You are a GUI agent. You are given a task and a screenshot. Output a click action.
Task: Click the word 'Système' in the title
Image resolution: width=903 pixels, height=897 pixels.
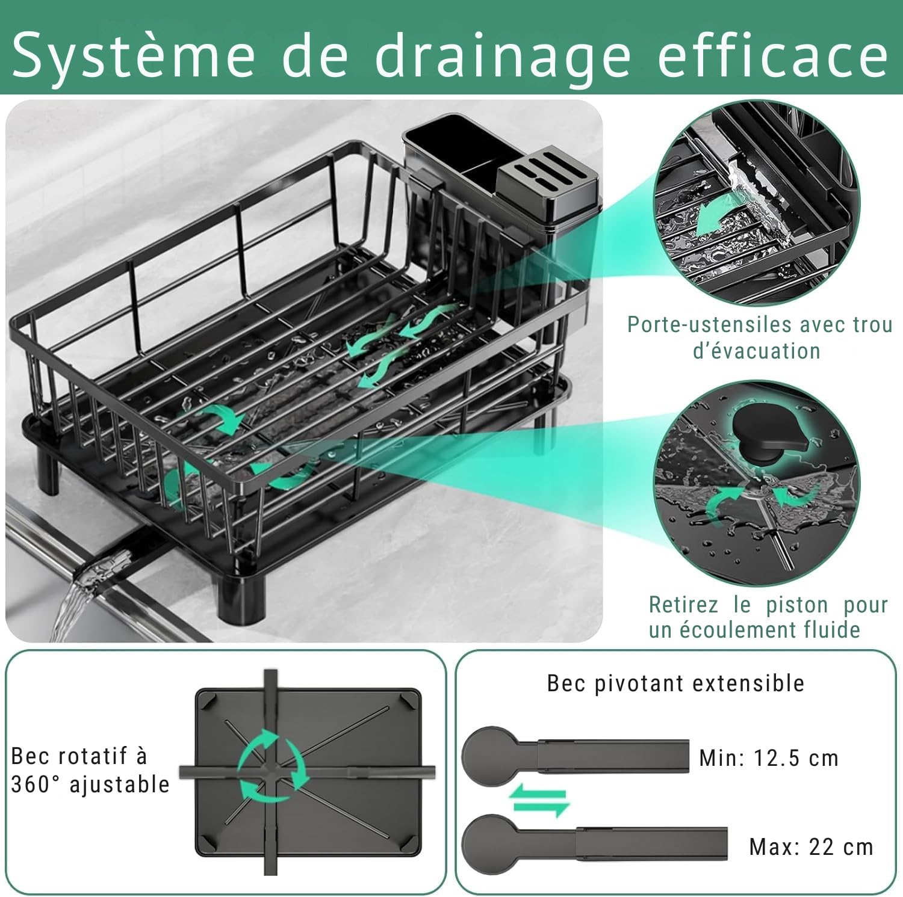pos(134,55)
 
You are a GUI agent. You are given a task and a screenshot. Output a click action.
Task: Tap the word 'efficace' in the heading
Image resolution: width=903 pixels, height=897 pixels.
pos(772,55)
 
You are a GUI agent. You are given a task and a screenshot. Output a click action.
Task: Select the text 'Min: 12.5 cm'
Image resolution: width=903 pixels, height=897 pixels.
pos(769,758)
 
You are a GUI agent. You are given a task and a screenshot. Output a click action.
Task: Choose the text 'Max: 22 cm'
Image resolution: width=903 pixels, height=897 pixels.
pos(811,847)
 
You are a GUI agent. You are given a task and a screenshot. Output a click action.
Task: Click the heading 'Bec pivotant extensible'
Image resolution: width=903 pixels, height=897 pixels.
pos(675,683)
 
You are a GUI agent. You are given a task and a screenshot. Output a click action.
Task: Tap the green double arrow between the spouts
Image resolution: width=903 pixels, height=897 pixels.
pos(539,802)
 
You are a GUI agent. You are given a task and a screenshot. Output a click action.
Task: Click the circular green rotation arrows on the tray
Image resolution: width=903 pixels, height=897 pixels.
pos(272,766)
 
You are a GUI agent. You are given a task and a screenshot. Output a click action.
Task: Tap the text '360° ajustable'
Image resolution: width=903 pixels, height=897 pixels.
pos(90,784)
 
